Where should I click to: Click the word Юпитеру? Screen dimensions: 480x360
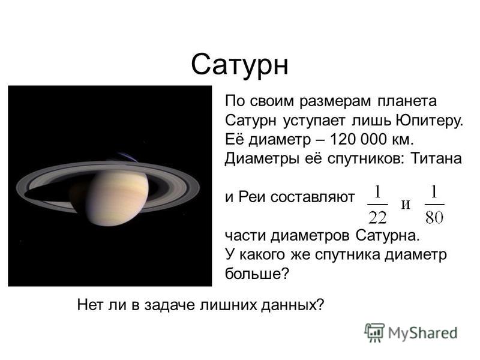pos(429,121)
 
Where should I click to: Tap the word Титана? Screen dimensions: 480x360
pos(436,158)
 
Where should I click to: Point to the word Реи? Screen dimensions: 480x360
pos(251,197)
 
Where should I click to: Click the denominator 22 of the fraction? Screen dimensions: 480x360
pos(378,218)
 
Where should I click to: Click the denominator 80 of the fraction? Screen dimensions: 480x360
pos(434,218)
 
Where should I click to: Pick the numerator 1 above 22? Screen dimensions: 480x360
pos(378,192)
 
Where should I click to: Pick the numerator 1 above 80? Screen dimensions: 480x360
pos(434,192)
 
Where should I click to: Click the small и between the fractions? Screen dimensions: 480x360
pos(406,204)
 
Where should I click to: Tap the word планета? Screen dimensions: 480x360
pos(407,101)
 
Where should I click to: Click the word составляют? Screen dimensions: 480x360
pos(313,197)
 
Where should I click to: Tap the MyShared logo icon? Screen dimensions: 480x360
pos(374,332)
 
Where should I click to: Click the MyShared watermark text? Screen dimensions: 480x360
pos(422,333)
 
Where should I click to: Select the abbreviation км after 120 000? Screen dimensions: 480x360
pos(402,140)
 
